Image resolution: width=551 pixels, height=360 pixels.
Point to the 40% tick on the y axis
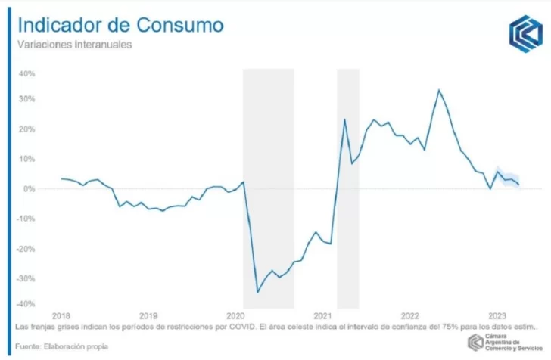point(26,74)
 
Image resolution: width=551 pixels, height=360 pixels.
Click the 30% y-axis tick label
point(26,99)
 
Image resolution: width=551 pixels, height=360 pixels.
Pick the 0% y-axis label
point(29,188)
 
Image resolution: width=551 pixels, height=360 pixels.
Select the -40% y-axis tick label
point(25,304)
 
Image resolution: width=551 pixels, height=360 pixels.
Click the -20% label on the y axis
point(25,249)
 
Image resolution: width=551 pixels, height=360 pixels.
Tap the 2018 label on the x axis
point(61,315)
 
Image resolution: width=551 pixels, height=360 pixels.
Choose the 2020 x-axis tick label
point(235,315)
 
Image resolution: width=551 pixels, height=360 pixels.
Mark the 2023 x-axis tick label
point(497,315)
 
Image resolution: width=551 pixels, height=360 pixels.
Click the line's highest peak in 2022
point(438,90)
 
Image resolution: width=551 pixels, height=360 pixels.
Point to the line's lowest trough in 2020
point(257,292)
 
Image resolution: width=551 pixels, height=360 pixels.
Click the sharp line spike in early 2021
point(344,119)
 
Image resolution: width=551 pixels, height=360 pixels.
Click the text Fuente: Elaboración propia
point(60,346)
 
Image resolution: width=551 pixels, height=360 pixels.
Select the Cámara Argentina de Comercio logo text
point(512,343)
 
